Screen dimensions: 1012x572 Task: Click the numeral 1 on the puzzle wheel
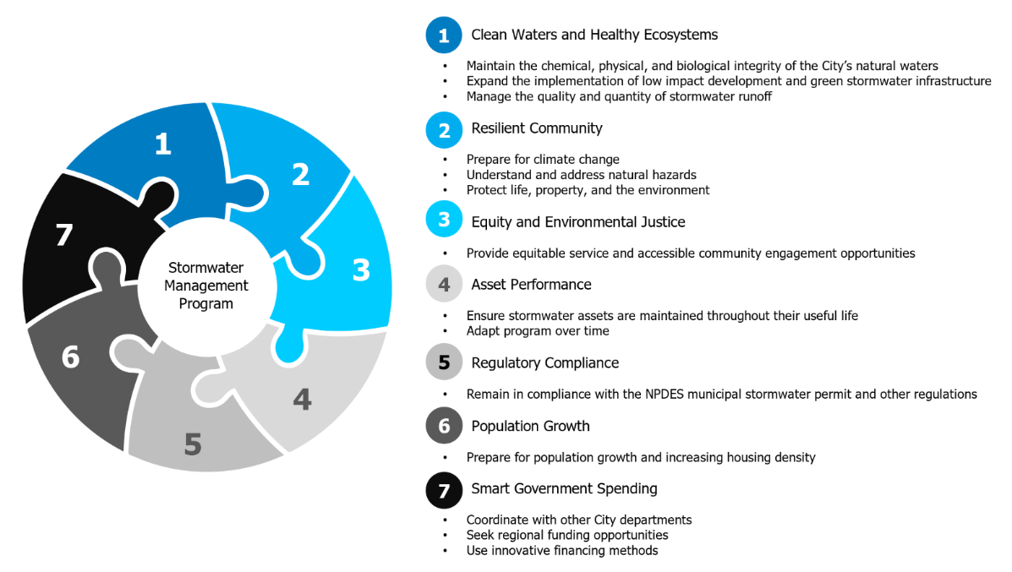163,143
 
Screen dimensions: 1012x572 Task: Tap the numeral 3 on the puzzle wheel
362,270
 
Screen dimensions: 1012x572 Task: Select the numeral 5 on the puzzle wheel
193,444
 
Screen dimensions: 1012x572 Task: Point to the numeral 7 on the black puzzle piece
64,236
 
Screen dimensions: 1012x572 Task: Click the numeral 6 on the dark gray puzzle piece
70,357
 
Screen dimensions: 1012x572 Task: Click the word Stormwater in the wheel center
206,268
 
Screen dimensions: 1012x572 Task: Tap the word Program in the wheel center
206,303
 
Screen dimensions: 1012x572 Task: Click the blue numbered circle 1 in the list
444,35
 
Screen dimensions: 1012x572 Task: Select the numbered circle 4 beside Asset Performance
444,285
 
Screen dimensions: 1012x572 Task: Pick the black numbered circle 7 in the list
444,491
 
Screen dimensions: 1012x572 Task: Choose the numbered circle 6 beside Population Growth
444,426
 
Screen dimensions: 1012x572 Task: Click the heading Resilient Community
537,128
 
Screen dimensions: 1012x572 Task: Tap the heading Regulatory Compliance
545,363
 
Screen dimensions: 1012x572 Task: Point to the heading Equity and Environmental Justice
578,222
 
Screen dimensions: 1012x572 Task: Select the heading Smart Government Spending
565,489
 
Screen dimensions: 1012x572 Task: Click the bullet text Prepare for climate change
543,160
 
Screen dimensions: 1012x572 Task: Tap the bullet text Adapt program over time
538,331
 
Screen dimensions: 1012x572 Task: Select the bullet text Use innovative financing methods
562,551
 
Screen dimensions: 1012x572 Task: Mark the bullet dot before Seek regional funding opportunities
446,535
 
